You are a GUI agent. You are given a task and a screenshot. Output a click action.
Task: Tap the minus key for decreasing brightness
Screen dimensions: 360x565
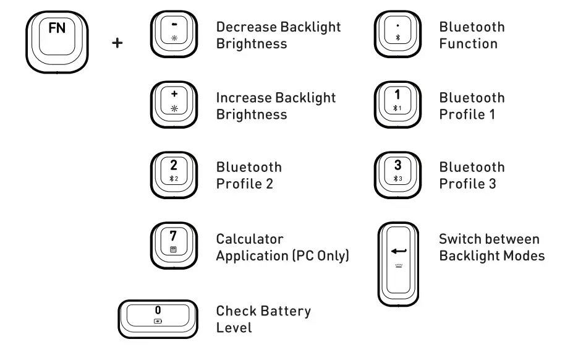(174, 33)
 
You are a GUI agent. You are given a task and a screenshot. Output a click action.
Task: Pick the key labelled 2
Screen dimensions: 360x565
(174, 173)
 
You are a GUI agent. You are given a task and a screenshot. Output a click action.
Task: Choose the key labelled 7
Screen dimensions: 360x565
(174, 244)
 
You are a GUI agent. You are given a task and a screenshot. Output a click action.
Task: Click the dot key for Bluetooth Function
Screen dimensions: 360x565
(397, 33)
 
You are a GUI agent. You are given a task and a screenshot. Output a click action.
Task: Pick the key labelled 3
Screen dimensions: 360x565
(397, 173)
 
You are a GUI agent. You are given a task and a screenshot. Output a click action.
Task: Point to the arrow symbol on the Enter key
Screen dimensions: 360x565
(398, 251)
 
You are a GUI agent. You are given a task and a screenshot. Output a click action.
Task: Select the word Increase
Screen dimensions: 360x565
(244, 98)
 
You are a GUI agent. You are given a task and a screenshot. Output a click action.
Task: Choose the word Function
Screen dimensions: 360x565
(468, 44)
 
